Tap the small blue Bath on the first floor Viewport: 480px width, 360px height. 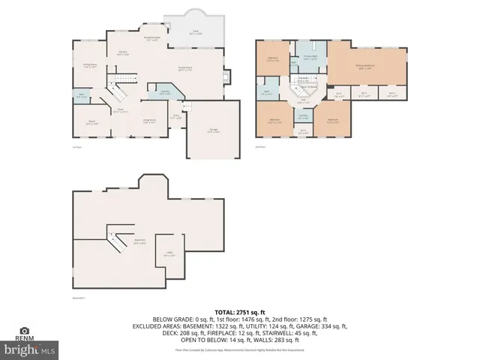tap(81, 95)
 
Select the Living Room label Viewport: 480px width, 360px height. tap(149, 120)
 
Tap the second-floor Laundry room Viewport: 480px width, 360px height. tap(302, 117)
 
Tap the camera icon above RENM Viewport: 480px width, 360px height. tap(25, 331)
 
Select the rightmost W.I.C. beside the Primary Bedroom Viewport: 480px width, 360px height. tap(392, 95)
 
